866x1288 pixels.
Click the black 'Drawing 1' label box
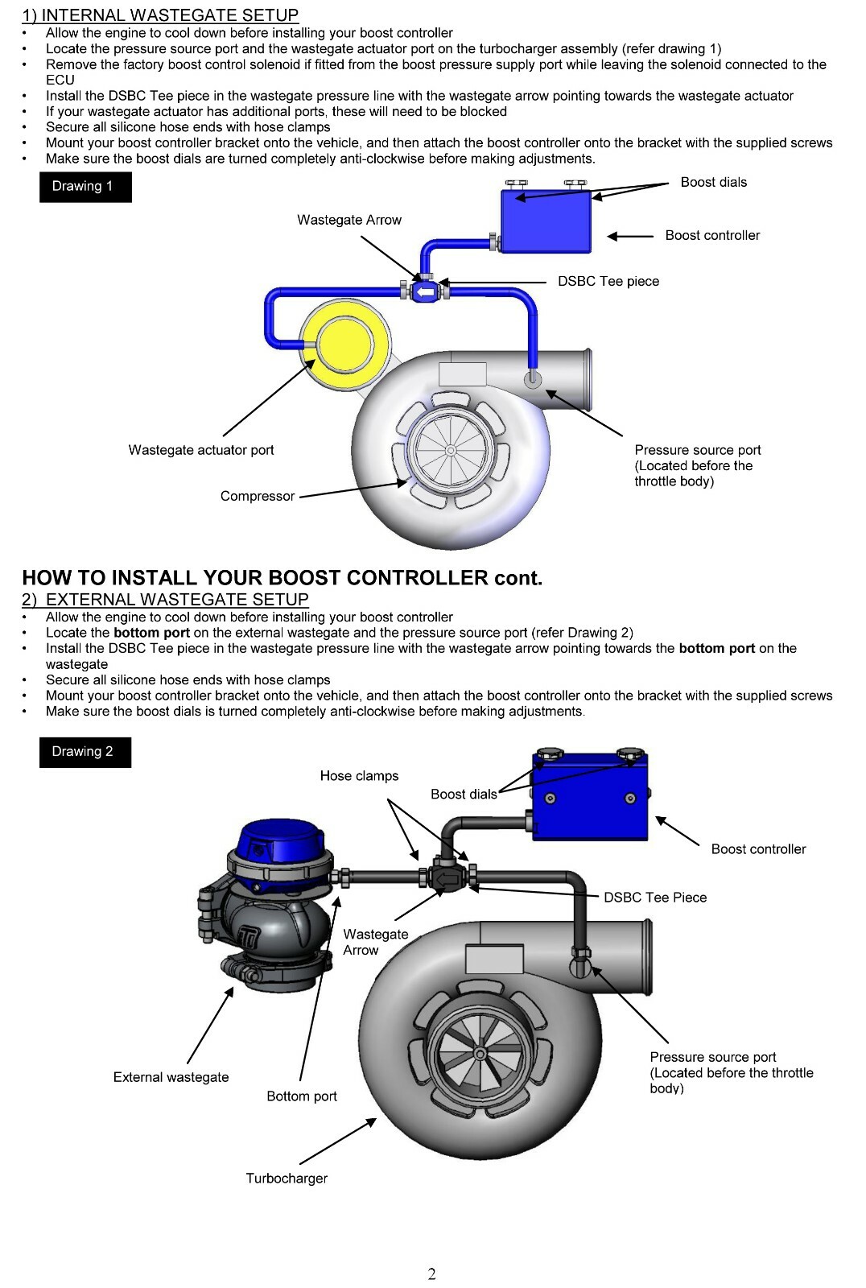85,187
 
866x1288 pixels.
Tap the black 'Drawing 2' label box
85,752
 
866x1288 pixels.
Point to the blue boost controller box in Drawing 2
590,797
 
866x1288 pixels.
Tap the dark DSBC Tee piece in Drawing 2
446,877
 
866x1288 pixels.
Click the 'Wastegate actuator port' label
201,450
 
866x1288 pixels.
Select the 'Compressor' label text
258,496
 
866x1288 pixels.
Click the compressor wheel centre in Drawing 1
450,450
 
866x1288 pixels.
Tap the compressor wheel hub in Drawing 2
480,1053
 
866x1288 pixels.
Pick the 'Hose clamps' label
359,776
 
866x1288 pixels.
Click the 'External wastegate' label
171,1077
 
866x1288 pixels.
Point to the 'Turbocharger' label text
287,1179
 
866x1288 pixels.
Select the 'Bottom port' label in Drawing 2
302,1096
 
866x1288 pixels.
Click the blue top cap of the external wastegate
278,843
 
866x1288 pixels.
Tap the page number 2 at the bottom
432,1274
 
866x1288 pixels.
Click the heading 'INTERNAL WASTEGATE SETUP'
169,15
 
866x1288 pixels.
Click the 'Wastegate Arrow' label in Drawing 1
349,220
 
